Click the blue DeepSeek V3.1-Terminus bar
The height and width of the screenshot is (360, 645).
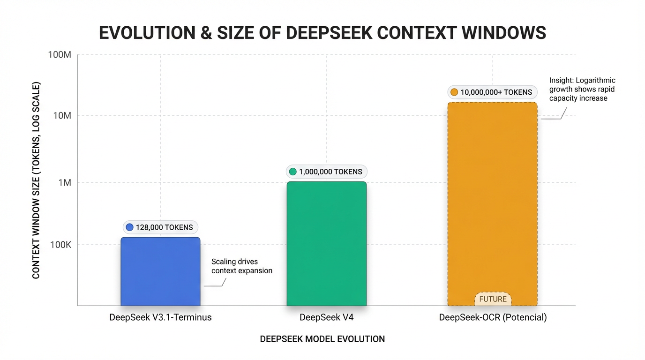[x=160, y=272]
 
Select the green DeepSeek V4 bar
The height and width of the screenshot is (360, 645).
[x=326, y=244]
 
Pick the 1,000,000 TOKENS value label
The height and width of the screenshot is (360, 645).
[x=326, y=172]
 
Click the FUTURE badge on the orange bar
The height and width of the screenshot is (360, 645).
[x=493, y=299]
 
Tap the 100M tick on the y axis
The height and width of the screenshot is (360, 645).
[x=60, y=55]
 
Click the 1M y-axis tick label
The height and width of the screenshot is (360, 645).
[x=64, y=183]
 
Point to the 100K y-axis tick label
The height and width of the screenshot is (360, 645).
[x=60, y=245]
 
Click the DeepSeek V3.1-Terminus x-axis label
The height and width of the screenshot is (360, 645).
[x=160, y=317]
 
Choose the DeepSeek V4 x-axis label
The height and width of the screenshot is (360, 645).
[x=326, y=317]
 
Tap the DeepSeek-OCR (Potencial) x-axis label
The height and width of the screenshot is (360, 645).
[x=493, y=317]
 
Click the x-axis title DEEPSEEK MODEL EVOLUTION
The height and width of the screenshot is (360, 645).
[x=322, y=339]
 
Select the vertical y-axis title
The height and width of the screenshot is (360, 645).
[x=36, y=180]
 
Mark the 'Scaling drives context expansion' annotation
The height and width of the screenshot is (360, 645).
[x=241, y=266]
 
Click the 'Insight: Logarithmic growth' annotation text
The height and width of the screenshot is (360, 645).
[x=582, y=90]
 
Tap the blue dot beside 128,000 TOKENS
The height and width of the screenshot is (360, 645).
[x=130, y=227]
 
